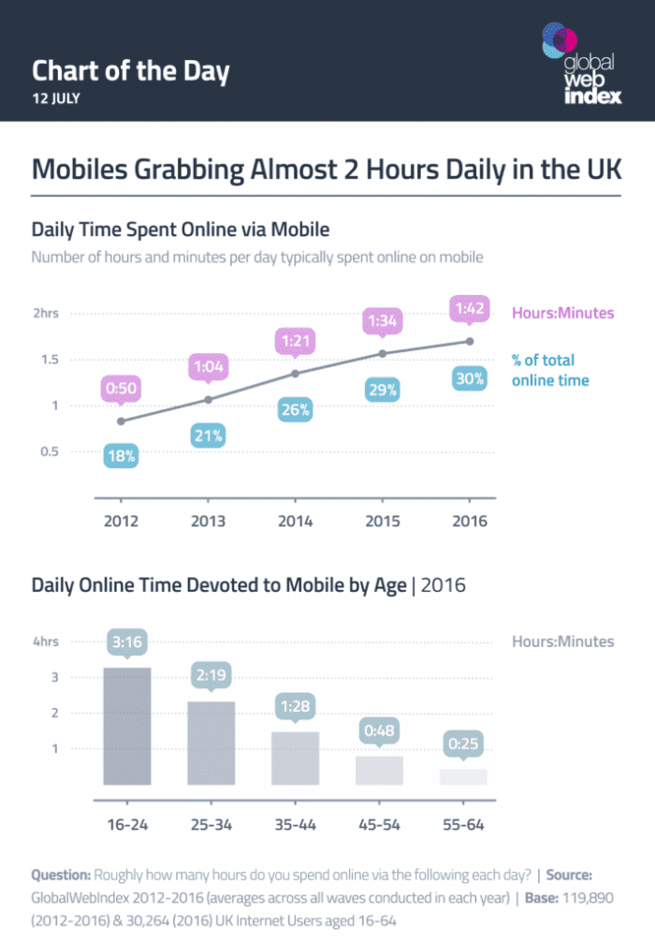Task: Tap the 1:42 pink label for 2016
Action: tap(469, 308)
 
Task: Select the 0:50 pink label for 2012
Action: tap(122, 388)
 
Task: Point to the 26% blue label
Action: tap(296, 410)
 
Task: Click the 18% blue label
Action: tap(122, 456)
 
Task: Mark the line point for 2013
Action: tap(209, 400)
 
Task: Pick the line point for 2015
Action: tap(382, 353)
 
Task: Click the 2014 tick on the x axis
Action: tap(295, 522)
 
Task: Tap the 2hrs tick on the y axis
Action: tap(46, 314)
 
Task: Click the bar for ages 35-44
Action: tap(295, 758)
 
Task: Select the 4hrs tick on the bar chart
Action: tap(46, 642)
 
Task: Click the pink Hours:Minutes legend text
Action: tap(563, 313)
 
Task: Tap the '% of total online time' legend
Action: tap(550, 370)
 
